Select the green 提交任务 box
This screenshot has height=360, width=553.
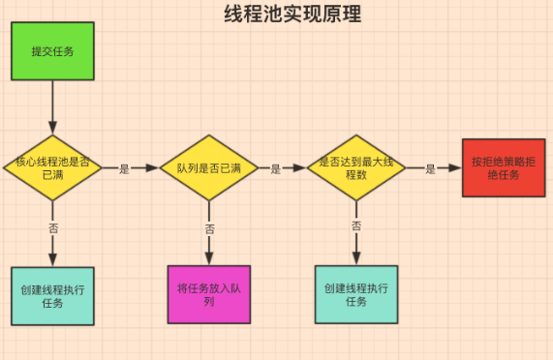(52, 50)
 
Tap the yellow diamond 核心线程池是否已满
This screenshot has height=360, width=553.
(52, 167)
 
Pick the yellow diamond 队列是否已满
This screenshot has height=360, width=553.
(208, 167)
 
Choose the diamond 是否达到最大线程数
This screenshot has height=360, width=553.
(355, 167)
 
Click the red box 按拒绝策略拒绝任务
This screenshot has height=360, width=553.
(503, 167)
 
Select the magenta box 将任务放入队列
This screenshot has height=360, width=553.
(208, 294)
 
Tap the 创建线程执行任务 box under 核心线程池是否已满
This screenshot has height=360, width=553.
(52, 295)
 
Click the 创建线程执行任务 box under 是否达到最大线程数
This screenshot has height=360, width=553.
(355, 294)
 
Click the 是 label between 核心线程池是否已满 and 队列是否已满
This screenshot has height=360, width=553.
(124, 168)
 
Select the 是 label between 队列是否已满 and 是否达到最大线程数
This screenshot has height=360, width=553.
(275, 168)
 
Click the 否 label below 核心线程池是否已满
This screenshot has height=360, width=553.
(52, 227)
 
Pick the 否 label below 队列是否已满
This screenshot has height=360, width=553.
(209, 228)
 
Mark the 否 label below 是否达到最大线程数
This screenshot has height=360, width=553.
(356, 225)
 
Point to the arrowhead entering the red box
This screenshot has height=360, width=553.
(456, 167)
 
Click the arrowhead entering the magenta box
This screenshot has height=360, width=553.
(208, 259)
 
